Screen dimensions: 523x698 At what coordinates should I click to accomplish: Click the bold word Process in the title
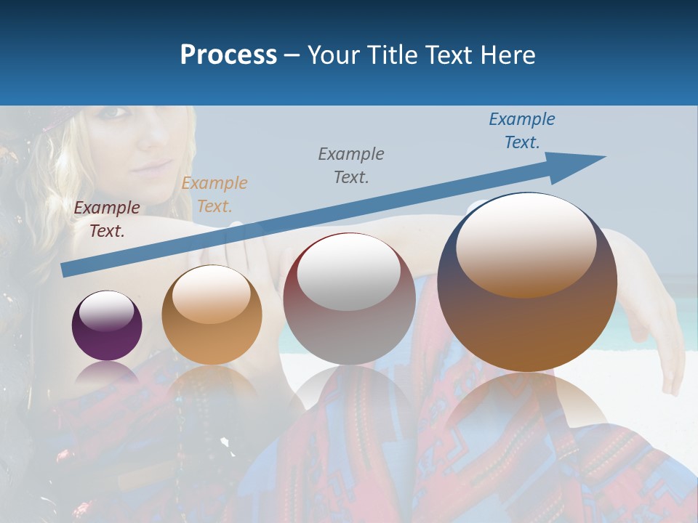228,55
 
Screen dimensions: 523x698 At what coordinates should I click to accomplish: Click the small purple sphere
107,326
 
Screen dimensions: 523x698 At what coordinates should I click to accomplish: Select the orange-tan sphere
212,315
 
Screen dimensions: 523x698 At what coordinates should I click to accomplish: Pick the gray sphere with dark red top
349,299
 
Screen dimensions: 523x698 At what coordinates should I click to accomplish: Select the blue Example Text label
521,131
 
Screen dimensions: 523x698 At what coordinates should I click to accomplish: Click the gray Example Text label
351,165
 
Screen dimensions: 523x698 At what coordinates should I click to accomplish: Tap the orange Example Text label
214,195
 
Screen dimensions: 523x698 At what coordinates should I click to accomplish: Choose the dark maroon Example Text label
107,219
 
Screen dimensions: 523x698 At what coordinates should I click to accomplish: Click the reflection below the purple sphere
107,374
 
